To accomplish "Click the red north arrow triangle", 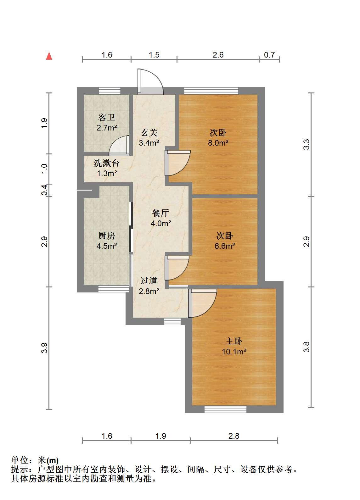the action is (49, 56).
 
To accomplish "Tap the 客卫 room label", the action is (107, 118).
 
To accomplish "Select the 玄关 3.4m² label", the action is (149, 137).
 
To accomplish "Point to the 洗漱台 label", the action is (106, 163).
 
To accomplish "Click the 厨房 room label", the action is (107, 236).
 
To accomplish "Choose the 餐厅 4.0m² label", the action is (161, 218).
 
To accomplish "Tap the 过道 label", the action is (149, 281).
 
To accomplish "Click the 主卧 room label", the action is (234, 341).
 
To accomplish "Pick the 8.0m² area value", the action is (218, 143).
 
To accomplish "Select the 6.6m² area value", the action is (225, 246).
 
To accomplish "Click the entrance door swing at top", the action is (150, 82).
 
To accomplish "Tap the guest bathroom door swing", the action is (119, 146).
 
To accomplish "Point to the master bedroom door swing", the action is (203, 303).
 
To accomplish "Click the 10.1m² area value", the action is (234, 352).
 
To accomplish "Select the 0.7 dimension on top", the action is (269, 55).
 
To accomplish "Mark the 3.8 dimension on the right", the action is (307, 347).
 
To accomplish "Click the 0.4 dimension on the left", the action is (44, 190).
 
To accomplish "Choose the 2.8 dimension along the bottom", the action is (234, 436).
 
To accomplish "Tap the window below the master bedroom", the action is (225, 409).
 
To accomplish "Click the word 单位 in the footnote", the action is (20, 460).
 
